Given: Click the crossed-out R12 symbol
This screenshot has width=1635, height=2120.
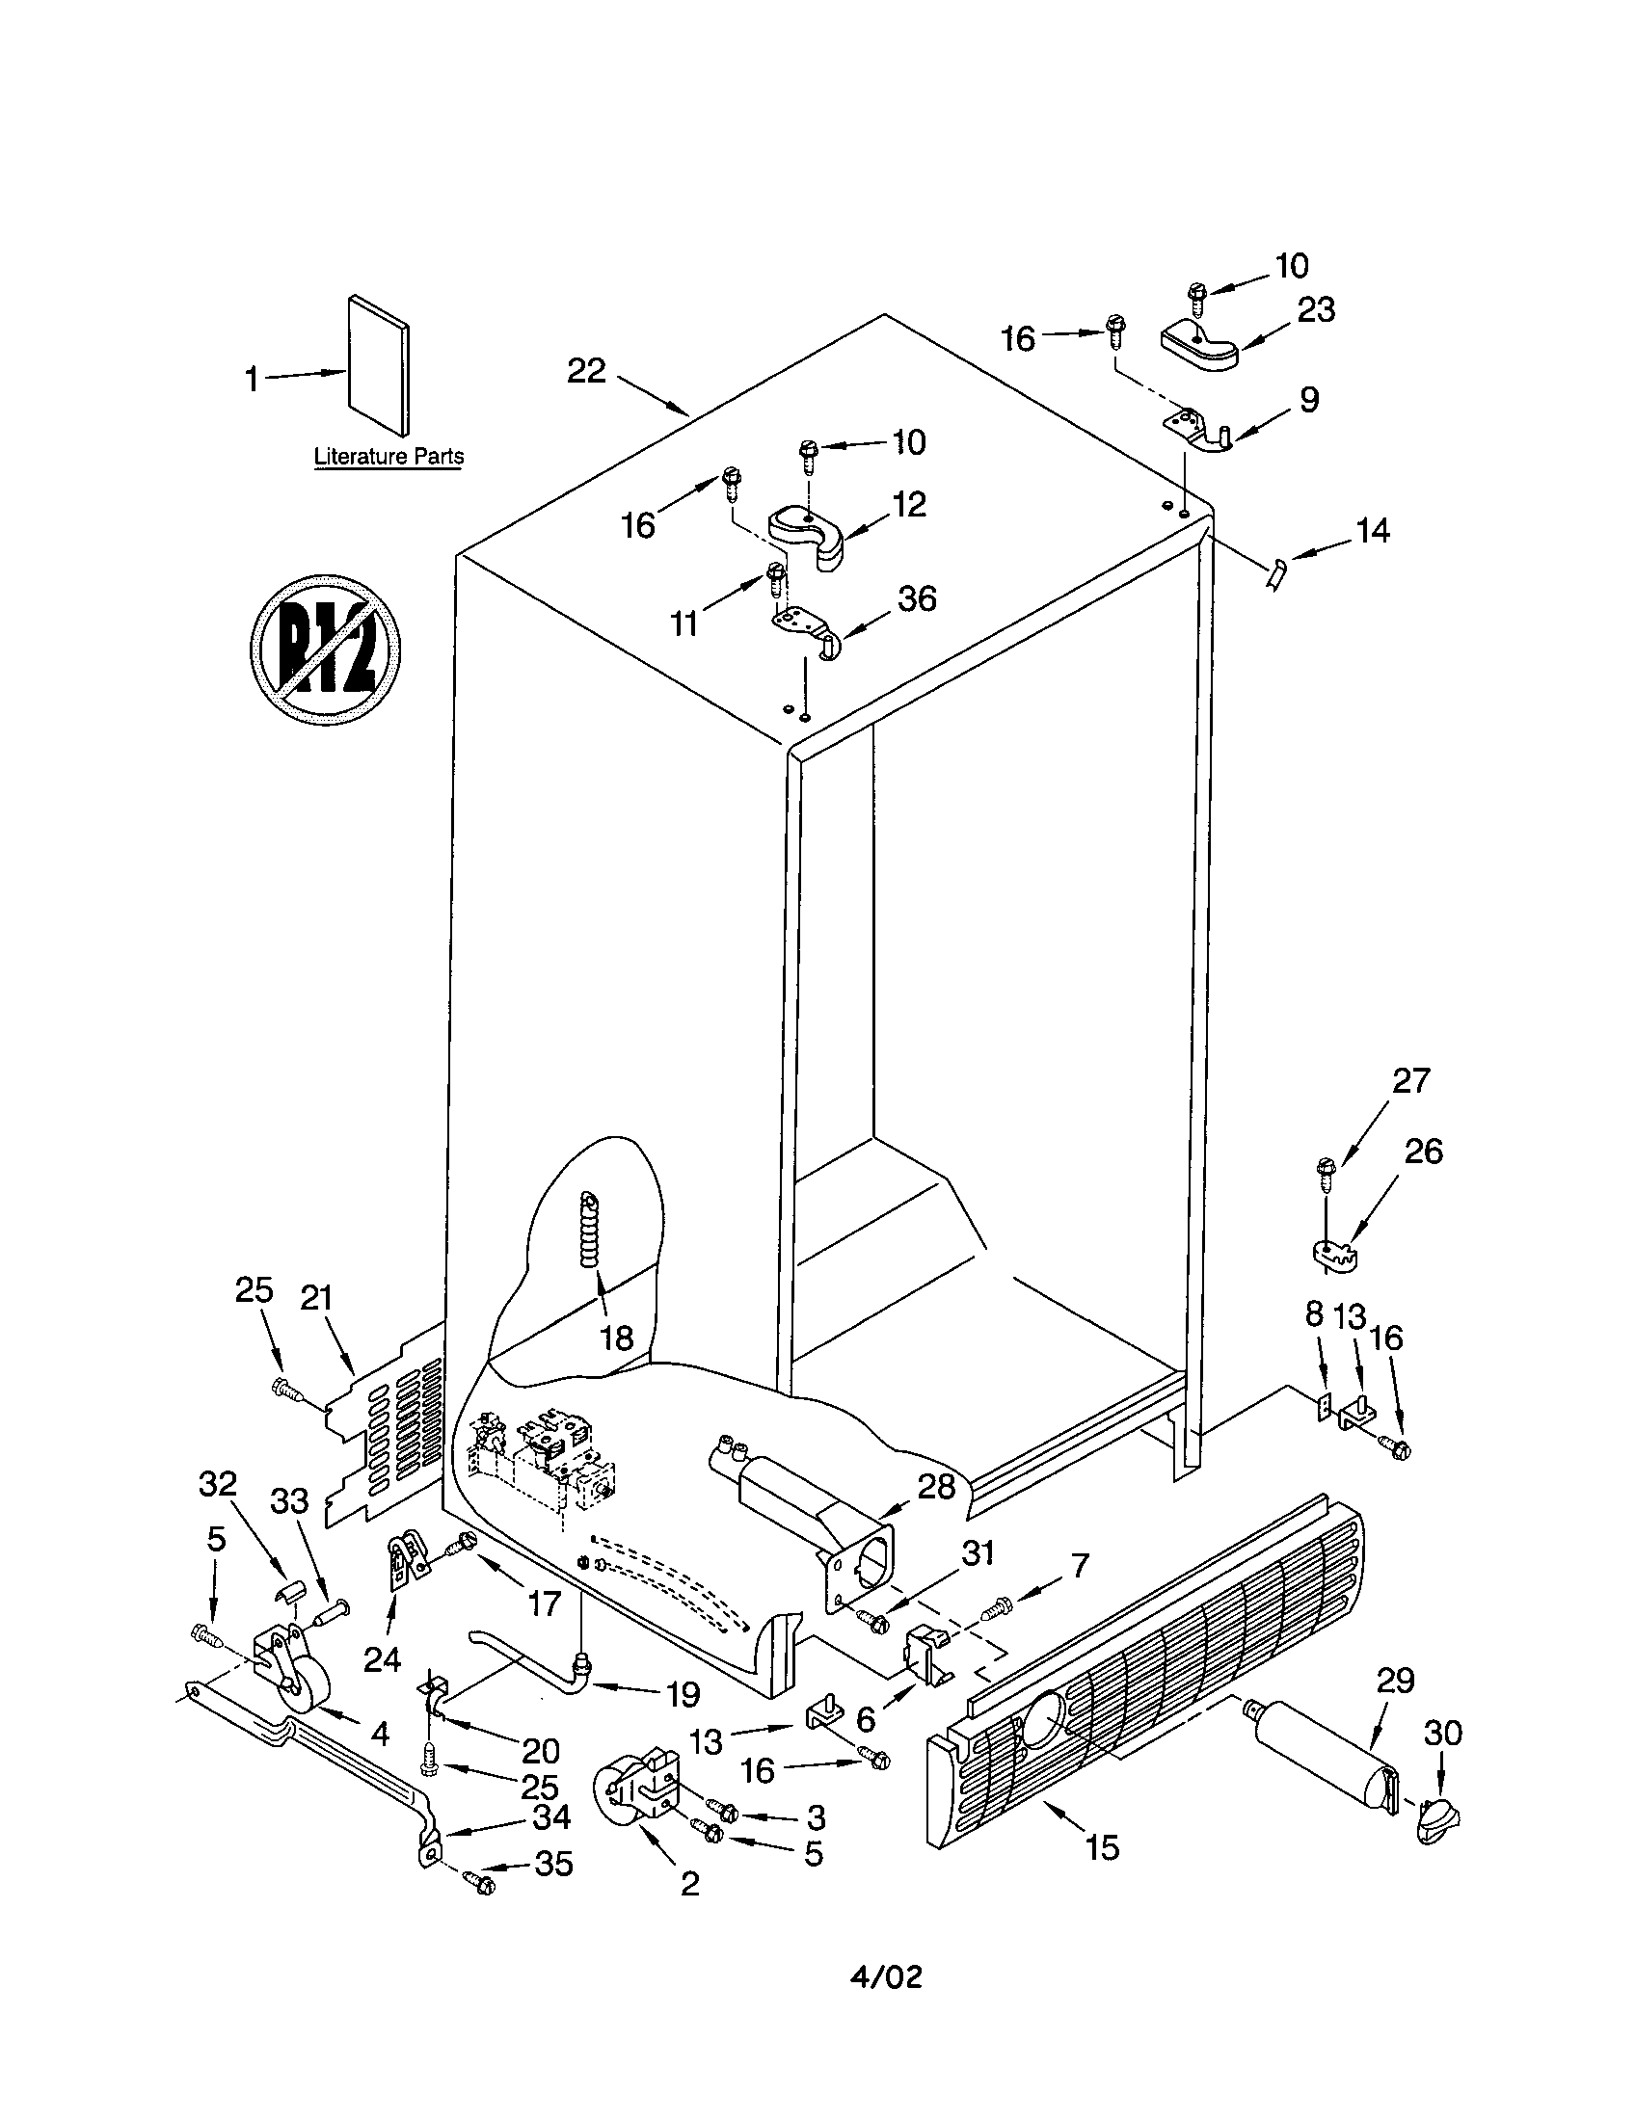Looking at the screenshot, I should click(326, 648).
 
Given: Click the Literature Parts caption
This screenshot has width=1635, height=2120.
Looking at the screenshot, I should click(388, 455).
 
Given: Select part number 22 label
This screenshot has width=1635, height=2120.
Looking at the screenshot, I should click(586, 371).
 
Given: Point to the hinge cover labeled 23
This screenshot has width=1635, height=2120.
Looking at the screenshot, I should click(1199, 348).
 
